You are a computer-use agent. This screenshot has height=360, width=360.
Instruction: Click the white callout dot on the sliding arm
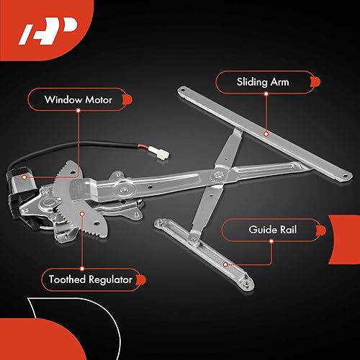tap(265, 133)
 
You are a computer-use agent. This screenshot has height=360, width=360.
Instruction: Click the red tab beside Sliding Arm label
tap(310, 81)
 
